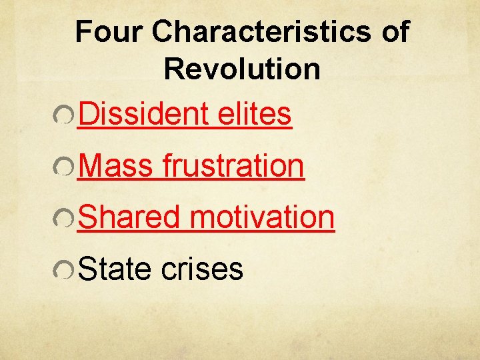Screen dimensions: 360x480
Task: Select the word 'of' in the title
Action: coord(395,32)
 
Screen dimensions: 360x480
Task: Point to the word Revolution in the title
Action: coord(242,69)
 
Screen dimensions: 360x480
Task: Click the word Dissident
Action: coord(144,114)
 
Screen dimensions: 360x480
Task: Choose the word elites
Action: coord(255,114)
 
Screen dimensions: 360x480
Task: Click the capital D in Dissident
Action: coord(88,114)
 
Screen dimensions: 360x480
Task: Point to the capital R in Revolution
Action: coord(173,69)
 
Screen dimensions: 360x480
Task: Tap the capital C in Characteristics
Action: coord(164,32)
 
